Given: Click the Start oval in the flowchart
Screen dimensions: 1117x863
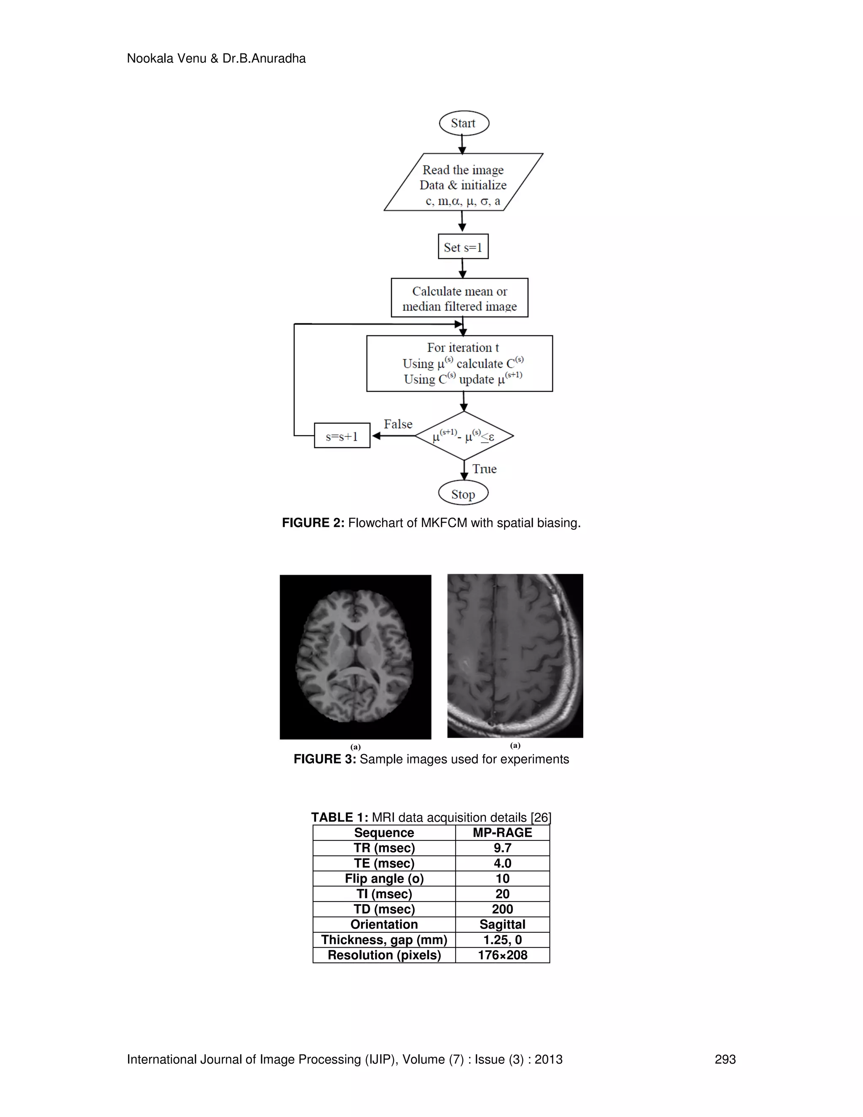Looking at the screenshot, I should click(x=464, y=123).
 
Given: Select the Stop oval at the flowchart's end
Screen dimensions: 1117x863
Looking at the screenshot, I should click(x=463, y=494).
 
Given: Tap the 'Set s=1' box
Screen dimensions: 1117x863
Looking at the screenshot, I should click(x=463, y=247).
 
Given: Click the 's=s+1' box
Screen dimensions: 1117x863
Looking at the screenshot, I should click(x=342, y=436).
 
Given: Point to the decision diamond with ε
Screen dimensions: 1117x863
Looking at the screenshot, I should click(x=464, y=436).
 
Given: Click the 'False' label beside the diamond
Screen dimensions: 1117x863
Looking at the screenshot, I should click(x=398, y=424).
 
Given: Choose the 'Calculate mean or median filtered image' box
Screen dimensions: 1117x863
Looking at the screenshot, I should click(x=460, y=298).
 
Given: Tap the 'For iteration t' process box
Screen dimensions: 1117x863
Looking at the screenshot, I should click(x=460, y=364).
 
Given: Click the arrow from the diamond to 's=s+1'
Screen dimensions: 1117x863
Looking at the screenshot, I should click(x=393, y=436).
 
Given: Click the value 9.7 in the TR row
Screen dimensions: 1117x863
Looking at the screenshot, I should click(x=502, y=848).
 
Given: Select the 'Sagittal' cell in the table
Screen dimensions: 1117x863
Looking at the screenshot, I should click(x=502, y=925).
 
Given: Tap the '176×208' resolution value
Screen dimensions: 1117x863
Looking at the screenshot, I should click(x=502, y=956).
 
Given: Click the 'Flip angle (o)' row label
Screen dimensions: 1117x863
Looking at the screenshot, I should click(x=384, y=879).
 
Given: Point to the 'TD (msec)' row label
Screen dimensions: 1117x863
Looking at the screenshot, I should click(x=384, y=909).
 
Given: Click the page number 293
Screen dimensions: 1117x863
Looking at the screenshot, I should click(x=725, y=1060).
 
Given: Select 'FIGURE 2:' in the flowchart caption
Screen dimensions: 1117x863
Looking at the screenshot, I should click(x=313, y=523).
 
